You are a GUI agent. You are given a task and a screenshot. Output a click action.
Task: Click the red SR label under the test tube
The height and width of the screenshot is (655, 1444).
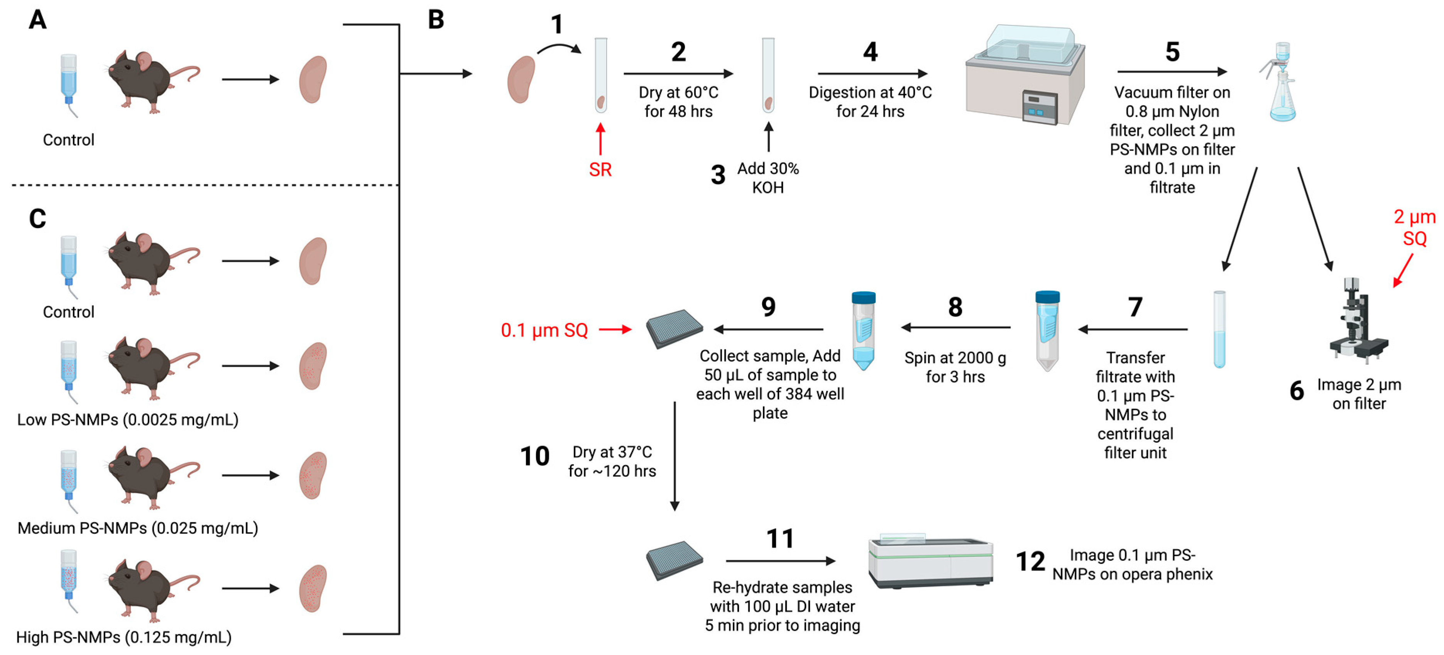600,169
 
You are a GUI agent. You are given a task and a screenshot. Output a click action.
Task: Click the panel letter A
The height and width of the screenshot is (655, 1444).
37,20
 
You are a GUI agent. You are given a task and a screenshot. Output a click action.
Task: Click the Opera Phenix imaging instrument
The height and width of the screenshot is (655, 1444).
930,561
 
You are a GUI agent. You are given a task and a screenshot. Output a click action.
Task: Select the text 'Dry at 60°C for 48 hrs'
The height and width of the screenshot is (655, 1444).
678,102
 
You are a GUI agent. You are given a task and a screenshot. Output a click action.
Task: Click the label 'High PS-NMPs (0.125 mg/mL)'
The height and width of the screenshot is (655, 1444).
124,637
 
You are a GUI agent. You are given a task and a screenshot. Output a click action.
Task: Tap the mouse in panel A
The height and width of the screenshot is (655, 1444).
149,81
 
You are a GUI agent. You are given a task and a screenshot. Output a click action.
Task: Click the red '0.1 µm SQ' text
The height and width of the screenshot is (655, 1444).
544,330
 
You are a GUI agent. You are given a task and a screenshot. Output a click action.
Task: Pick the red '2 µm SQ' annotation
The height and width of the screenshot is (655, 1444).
1414,228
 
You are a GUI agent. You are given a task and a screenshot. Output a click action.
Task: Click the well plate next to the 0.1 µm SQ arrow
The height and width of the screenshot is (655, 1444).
675,328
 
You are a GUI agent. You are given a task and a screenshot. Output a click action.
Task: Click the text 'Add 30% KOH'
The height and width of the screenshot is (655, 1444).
768,178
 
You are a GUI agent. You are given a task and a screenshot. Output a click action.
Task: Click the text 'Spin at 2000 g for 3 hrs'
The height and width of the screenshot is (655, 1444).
955,367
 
